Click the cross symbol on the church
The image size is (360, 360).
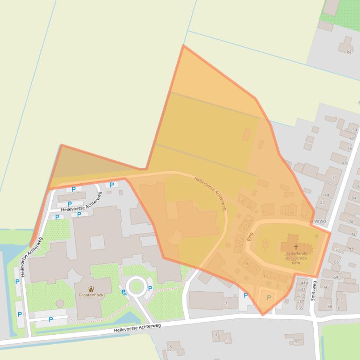(295, 247)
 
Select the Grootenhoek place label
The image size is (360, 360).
(91, 295)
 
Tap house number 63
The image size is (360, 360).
(348, 51)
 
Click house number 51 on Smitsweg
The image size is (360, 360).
(334, 178)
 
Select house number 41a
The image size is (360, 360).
(304, 283)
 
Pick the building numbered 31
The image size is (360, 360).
(297, 342)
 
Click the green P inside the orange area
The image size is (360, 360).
(268, 297)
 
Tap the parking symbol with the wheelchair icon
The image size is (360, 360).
(124, 293)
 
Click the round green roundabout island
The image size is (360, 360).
(136, 286)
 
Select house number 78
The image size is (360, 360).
(351, 222)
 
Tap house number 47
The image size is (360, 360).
(322, 203)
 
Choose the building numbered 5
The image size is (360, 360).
(170, 347)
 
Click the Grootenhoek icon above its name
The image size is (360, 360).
(91, 288)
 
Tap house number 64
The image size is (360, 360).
(335, 277)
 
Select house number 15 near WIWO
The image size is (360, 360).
(302, 215)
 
